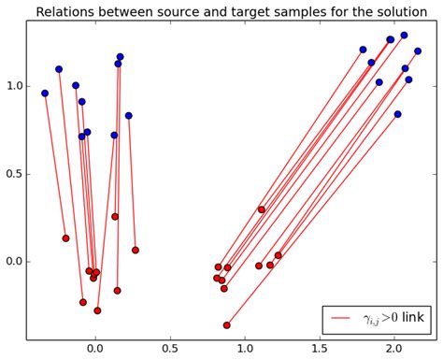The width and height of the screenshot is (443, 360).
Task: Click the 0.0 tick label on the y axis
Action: click(14, 261)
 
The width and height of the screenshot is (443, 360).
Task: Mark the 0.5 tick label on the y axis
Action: click(14, 173)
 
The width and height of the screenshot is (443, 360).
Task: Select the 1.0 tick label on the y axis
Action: click(14, 86)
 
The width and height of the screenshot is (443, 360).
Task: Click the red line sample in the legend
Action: click(341, 320)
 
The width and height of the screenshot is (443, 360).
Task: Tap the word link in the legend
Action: click(412, 320)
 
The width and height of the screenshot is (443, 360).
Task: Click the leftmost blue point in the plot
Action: click(45, 94)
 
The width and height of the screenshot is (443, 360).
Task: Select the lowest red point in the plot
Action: click(226, 325)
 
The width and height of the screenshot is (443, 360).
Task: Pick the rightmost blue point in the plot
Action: click(418, 51)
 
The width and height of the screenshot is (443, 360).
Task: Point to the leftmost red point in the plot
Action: click(65, 238)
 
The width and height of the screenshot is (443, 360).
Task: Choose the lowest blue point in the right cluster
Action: click(397, 114)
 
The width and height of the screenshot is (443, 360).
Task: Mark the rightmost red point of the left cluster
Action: click(135, 250)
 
